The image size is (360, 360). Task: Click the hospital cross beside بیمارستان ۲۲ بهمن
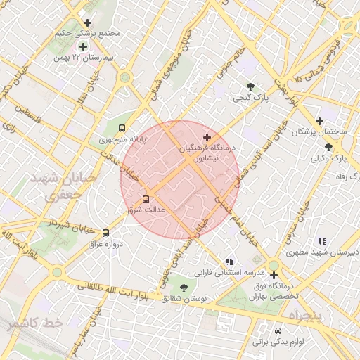pos(83,46)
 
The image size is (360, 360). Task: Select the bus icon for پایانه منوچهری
pos(122,129)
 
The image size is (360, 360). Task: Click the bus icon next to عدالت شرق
pos(146,199)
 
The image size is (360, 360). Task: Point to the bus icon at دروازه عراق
pos(106,233)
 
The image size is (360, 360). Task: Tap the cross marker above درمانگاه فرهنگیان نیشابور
pos(207,136)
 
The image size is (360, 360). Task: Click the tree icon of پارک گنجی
pos(250,86)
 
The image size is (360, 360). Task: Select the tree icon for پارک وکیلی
pos(328,147)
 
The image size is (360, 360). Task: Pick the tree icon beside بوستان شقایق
pos(184,287)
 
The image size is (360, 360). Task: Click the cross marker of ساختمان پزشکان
pos(320,121)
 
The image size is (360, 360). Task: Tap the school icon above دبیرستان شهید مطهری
pos(322,240)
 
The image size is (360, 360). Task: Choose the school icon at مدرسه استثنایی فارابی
pos(229,261)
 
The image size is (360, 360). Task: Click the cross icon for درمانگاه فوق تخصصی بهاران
pos(273,275)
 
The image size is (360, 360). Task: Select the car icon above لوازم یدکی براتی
pos(279,330)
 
